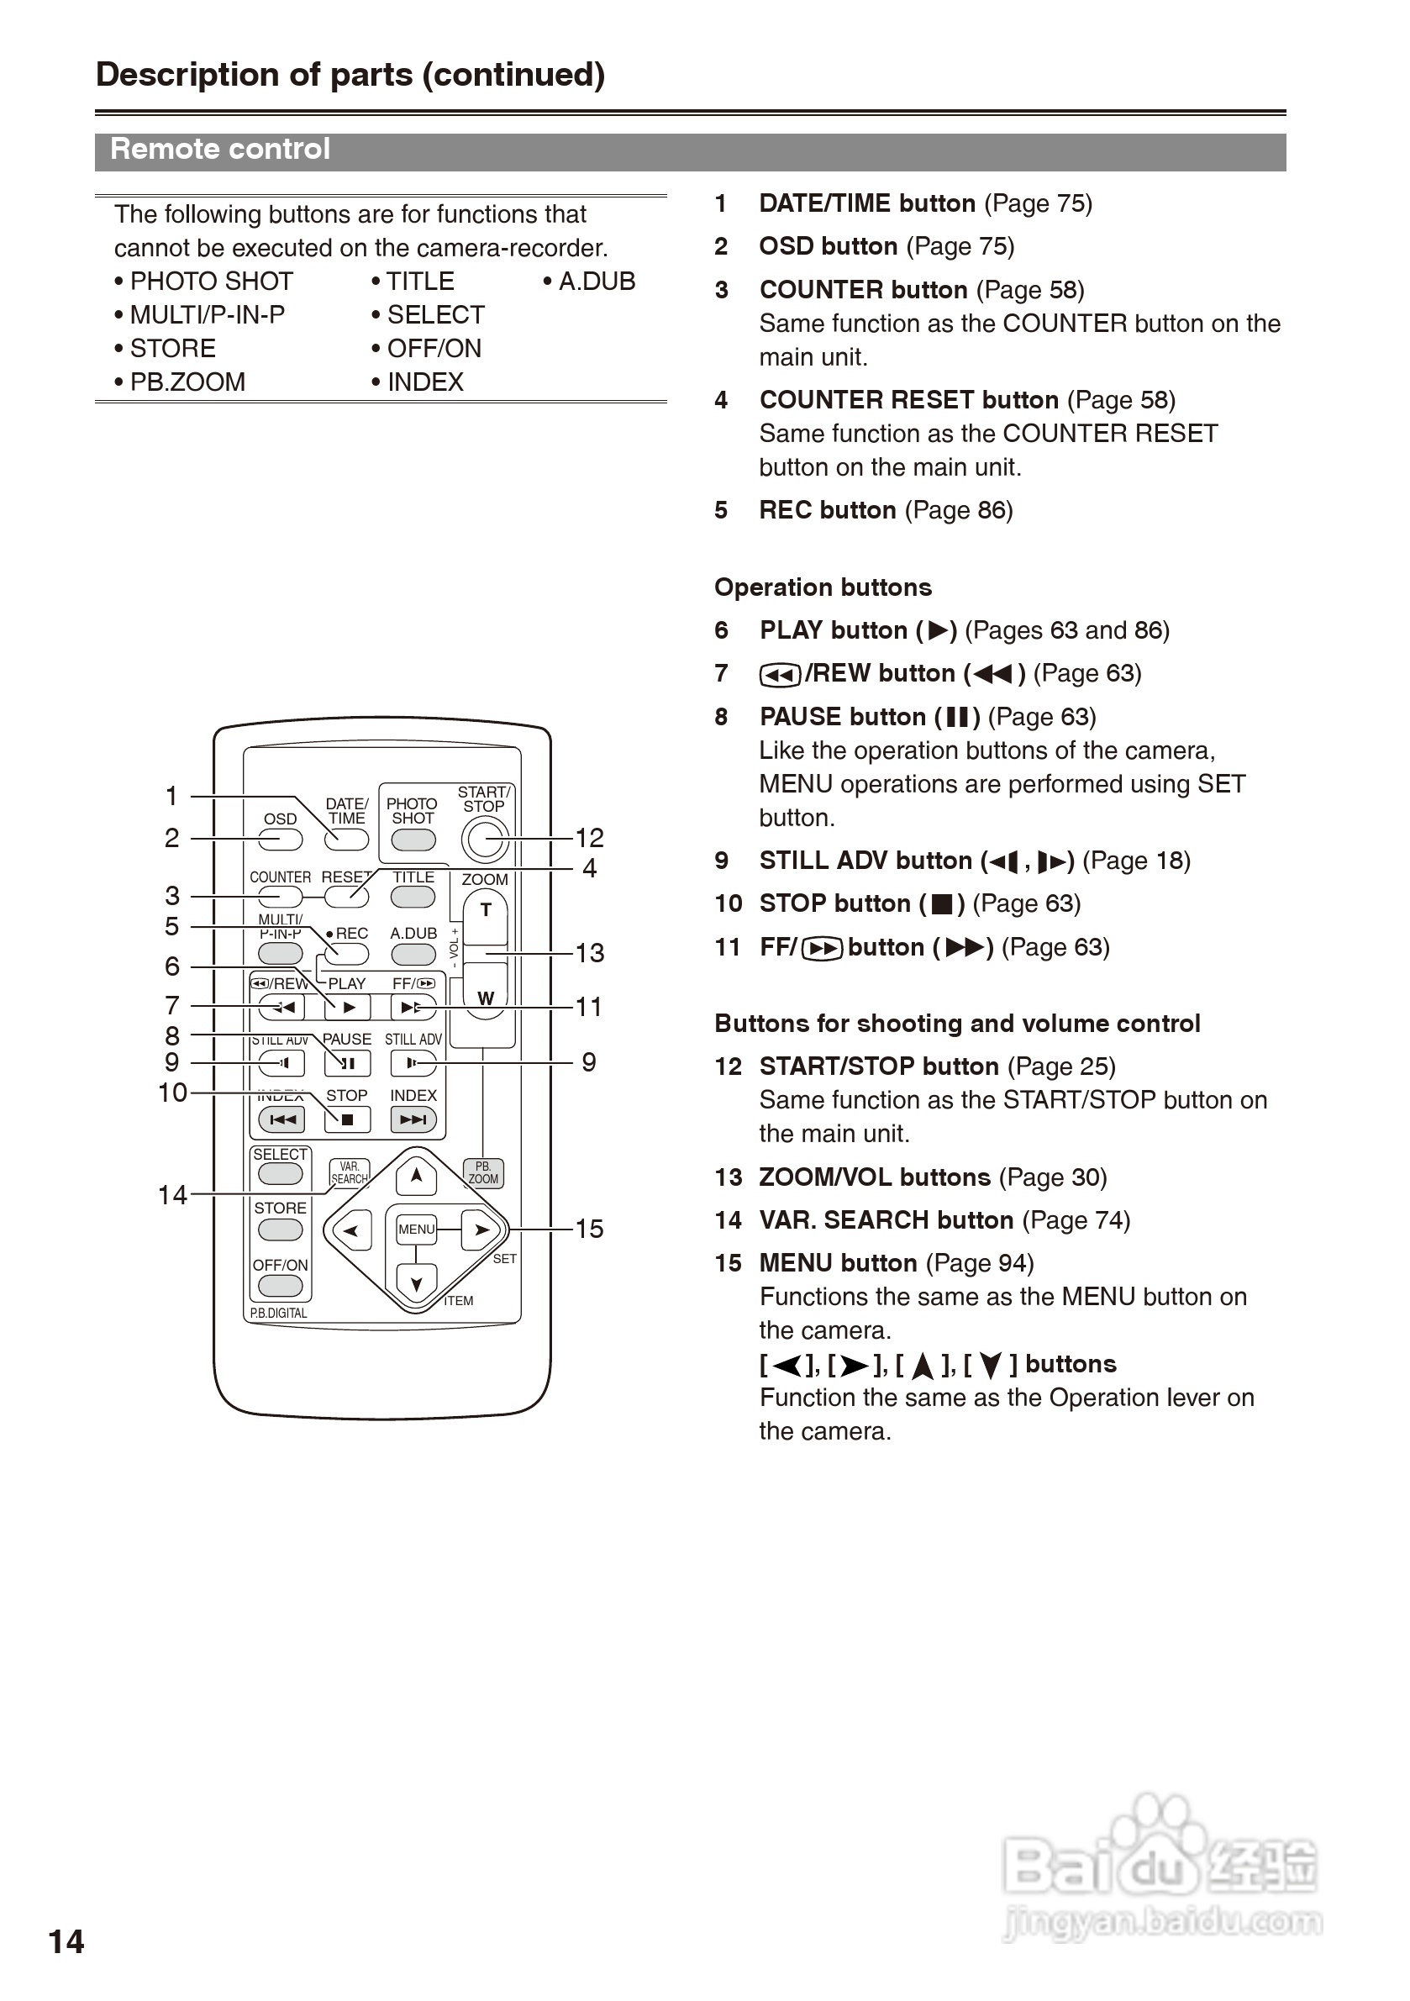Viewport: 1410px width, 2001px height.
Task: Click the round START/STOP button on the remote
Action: [x=485, y=840]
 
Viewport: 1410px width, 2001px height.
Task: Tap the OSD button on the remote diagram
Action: [x=281, y=840]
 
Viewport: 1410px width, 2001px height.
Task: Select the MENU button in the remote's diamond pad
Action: [x=417, y=1229]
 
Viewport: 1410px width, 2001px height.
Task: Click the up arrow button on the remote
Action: [x=417, y=1177]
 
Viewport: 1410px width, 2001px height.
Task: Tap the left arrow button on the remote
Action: [x=351, y=1230]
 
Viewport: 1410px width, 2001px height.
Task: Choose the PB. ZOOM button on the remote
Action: [x=484, y=1172]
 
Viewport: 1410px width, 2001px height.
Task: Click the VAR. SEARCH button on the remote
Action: [x=350, y=1173]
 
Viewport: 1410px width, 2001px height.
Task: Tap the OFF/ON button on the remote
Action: [x=281, y=1286]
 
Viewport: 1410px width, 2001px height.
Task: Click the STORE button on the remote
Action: [x=281, y=1229]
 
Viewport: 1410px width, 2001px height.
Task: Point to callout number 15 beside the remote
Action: [x=589, y=1229]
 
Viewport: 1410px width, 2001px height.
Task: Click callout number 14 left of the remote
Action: [x=172, y=1194]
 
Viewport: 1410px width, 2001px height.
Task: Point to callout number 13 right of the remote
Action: [x=589, y=952]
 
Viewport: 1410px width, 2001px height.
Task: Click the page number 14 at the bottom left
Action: [x=66, y=1941]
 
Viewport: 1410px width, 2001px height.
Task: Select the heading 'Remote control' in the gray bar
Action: [x=220, y=149]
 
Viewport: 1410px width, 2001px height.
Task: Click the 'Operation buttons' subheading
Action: [x=823, y=587]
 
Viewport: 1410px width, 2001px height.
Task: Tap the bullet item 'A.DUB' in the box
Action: [x=589, y=282]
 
